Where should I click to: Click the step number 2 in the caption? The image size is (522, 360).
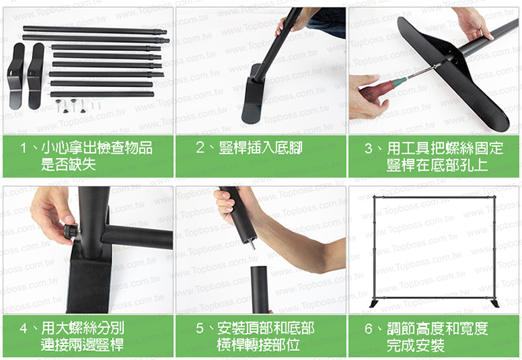pos(200,148)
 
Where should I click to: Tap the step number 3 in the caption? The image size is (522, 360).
pos(368,148)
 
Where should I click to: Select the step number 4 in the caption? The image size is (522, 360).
pos(24,329)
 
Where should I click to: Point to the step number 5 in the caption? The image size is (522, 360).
pos(200,329)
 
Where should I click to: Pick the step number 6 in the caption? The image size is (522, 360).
pos(368,329)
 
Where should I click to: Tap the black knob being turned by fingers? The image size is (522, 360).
pos(70,230)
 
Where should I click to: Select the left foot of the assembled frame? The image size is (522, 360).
pos(374,304)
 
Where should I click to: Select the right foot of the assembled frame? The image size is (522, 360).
pos(494,304)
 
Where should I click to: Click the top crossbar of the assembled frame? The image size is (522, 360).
pos(434,198)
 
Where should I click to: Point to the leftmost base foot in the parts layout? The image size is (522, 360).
pos(17,76)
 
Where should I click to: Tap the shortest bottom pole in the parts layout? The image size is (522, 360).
pos(102,94)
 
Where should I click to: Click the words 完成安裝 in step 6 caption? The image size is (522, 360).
pos(416,345)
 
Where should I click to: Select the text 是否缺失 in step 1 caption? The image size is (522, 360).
pos(69,164)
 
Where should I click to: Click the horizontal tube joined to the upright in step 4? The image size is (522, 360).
pos(137,237)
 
